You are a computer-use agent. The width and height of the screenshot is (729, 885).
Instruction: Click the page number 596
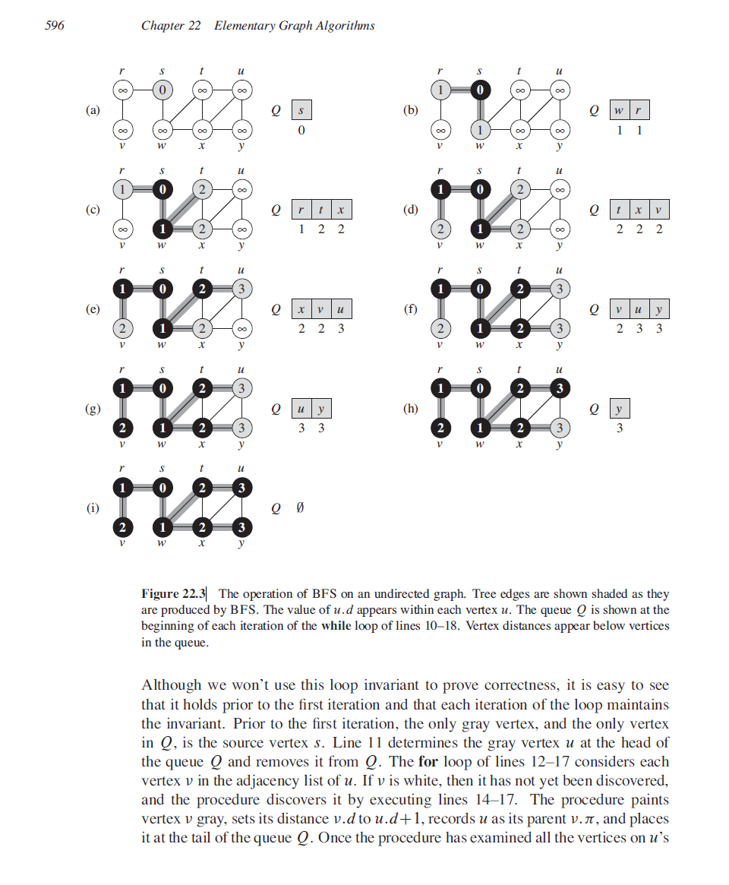55,26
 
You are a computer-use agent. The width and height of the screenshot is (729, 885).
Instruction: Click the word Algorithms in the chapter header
346,26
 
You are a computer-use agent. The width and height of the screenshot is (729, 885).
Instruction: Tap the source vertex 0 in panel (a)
161,90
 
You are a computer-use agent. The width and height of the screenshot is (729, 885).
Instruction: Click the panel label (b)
411,110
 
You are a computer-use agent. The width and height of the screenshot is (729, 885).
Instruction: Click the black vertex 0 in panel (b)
480,90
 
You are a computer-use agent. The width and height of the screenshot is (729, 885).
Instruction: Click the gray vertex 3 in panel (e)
241,289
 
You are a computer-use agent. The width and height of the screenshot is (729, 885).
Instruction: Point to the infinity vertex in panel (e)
241,329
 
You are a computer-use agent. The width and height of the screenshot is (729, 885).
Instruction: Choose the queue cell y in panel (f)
658,310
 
